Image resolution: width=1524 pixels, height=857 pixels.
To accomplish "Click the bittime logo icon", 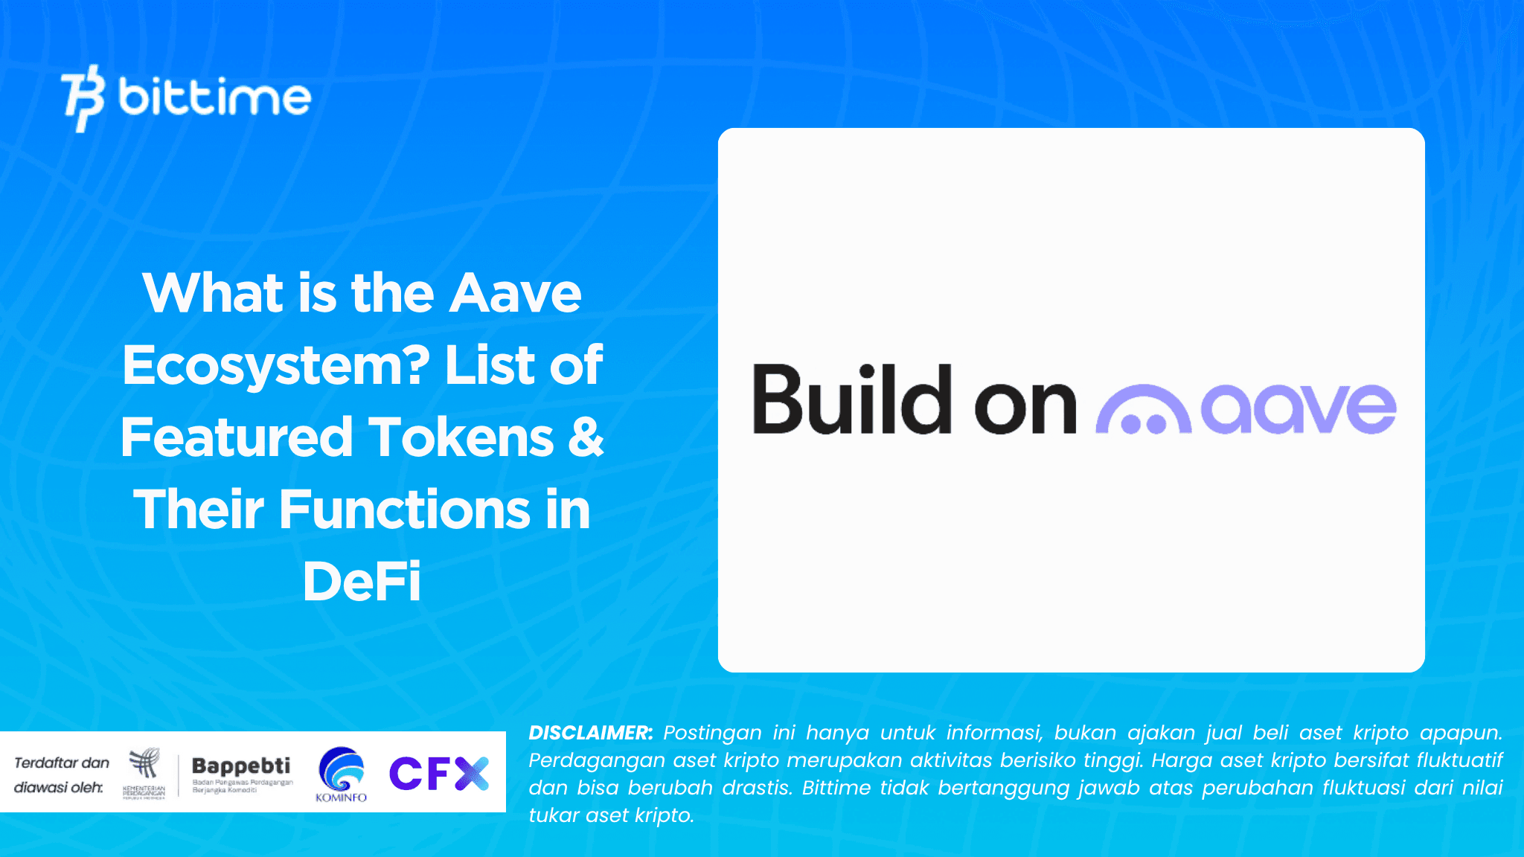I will coord(83,98).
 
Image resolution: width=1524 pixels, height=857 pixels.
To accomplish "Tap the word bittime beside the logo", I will coord(214,97).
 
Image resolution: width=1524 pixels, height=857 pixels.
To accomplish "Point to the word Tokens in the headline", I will coord(461,437).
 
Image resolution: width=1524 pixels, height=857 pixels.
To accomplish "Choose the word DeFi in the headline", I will coord(362,582).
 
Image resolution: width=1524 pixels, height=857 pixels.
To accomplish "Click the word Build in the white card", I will coord(853,400).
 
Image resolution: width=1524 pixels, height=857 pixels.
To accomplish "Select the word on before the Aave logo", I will coord(1025,407).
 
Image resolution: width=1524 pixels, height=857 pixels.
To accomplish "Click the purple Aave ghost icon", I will coord(1143,410).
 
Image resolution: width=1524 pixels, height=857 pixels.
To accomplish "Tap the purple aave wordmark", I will coord(1299,408).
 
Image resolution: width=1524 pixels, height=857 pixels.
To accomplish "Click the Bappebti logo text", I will coord(241,766).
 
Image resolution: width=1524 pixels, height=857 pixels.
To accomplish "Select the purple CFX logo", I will coord(438,773).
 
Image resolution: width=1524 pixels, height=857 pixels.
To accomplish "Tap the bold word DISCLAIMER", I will coord(591,733).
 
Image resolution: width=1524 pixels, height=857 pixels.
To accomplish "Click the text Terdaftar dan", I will coord(62,763).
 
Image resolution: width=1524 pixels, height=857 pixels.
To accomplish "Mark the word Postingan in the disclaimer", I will coord(712,733).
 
